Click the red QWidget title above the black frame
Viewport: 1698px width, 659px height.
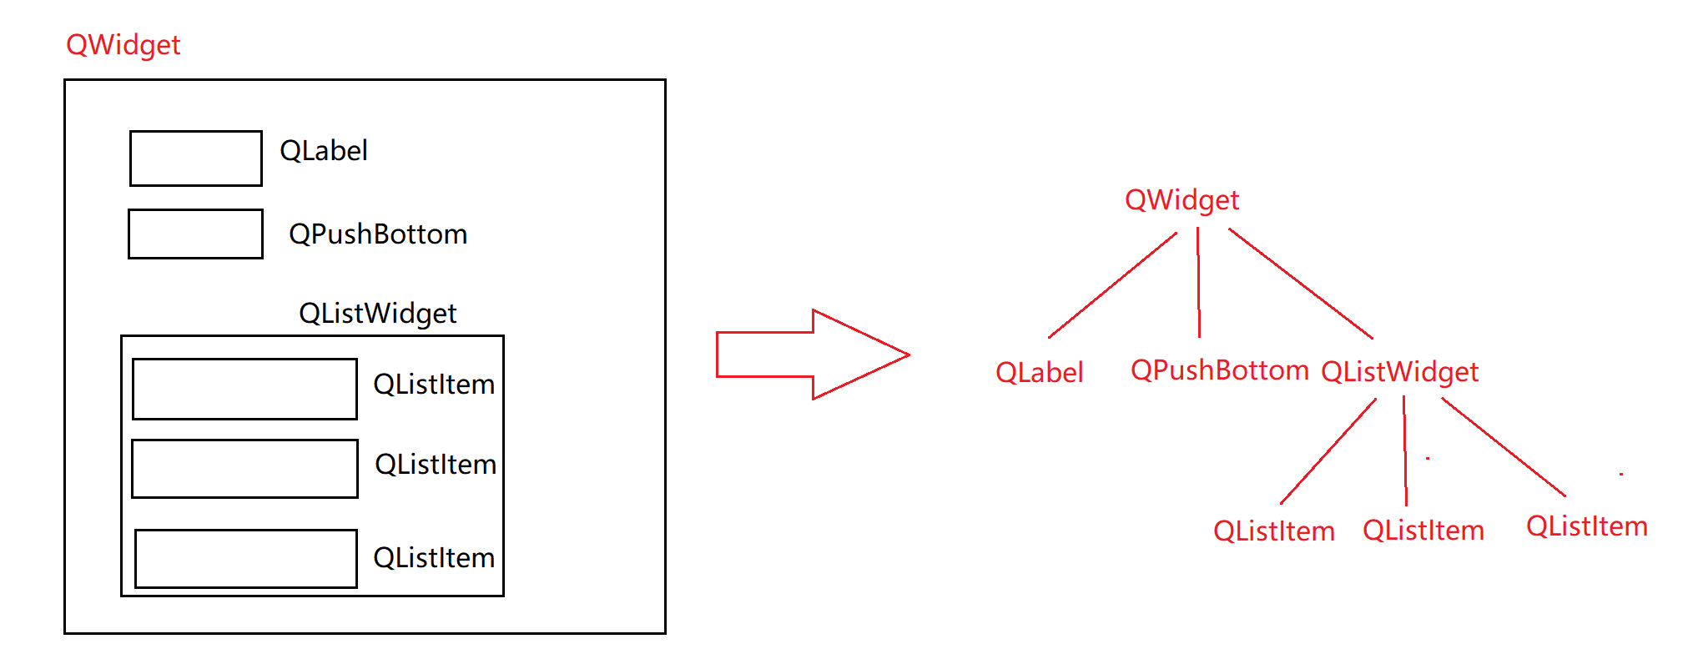123,45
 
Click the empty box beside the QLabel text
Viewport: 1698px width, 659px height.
196,158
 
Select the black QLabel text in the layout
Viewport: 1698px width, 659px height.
324,151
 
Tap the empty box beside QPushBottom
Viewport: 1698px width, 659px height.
196,234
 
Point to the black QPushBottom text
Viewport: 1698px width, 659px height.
378,234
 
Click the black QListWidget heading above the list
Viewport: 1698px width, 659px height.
377,314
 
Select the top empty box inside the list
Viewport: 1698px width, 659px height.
244,389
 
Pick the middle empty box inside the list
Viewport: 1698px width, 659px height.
244,469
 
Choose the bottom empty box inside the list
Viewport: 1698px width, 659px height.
246,559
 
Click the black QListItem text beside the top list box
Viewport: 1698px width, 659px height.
434,385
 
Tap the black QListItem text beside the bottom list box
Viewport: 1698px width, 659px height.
434,558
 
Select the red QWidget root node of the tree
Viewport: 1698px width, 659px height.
1182,200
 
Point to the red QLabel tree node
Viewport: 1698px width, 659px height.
1039,373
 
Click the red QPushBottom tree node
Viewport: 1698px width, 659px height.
1219,370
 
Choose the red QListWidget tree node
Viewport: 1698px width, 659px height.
1399,372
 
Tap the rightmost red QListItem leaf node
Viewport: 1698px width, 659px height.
1586,526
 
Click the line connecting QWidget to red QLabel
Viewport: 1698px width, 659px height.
1112,285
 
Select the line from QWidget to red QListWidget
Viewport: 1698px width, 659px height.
1301,284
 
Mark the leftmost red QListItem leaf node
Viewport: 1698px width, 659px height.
1273,531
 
